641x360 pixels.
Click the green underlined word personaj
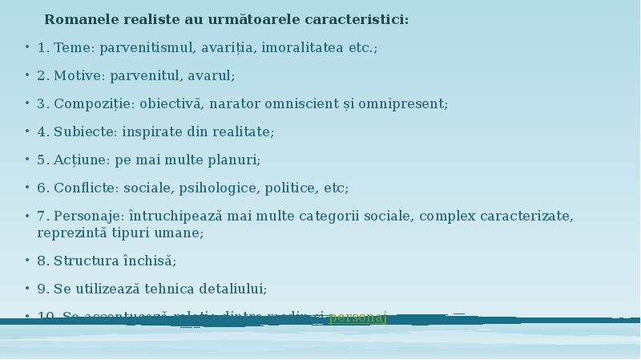point(357,317)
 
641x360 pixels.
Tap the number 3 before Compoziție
point(42,104)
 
